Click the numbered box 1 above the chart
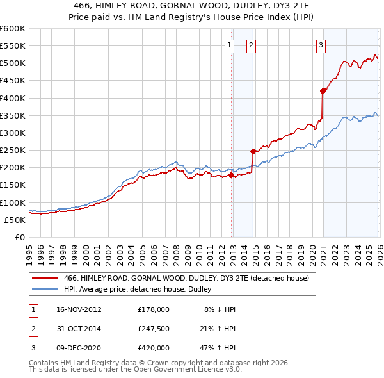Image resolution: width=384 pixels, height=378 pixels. click(229, 45)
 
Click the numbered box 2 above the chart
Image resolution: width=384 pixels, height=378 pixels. click(251, 45)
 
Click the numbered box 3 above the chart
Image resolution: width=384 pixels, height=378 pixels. click(321, 45)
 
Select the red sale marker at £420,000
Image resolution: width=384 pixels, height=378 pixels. click(323, 91)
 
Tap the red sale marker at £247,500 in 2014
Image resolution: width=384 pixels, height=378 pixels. click(253, 151)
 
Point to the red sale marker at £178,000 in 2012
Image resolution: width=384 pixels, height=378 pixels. click(231, 175)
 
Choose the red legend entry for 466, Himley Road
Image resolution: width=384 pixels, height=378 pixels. click(186, 277)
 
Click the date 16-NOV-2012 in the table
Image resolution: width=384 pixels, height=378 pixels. click(79, 309)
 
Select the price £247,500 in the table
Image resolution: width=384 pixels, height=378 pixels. click(154, 329)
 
